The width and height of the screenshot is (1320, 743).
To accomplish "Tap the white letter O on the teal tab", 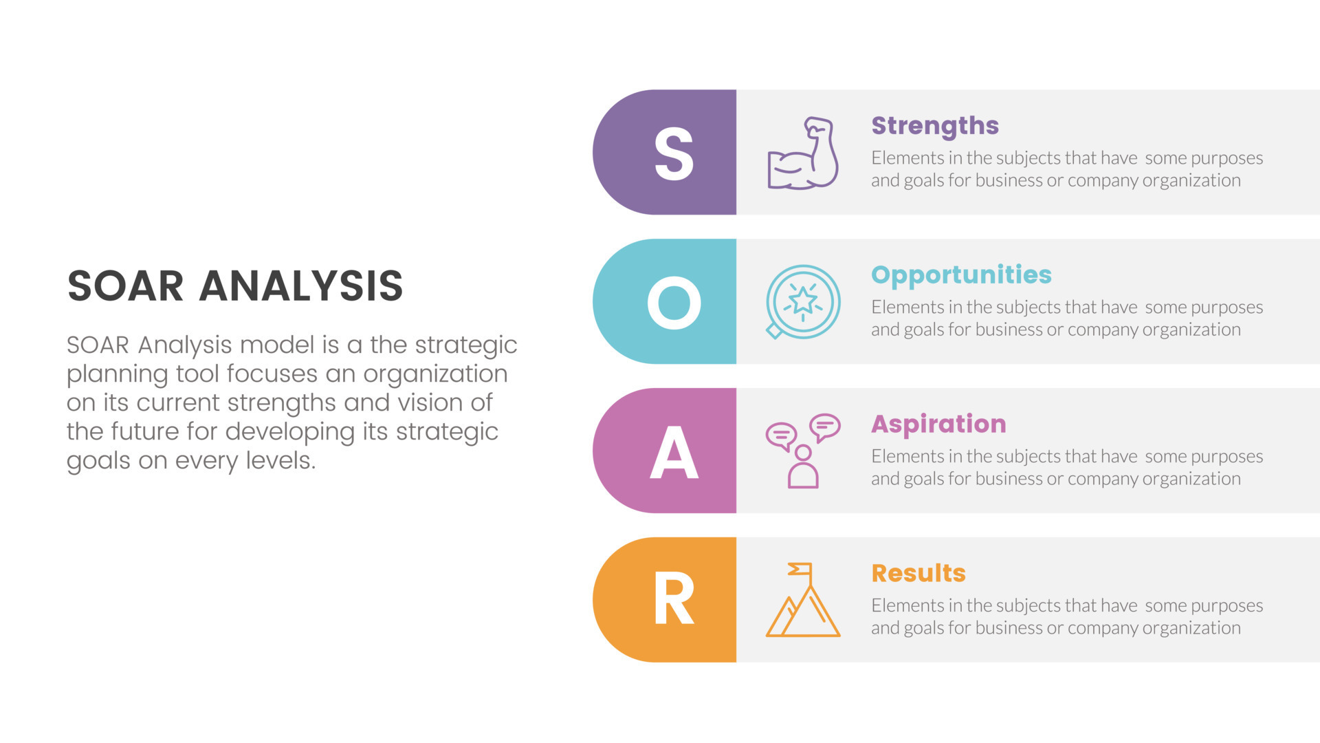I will tap(674, 303).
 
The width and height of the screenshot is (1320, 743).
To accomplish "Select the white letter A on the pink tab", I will tap(674, 452).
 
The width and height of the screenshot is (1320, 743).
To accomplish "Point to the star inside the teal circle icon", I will tap(802, 300).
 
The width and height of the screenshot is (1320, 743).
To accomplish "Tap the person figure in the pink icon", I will tap(802, 467).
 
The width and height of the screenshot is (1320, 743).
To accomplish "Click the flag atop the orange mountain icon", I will tap(801, 570).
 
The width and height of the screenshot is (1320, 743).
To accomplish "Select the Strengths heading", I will tap(934, 126).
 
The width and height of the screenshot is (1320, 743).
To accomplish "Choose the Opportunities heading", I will tap(961, 275).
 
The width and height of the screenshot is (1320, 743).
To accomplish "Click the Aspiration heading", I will tap(938, 424).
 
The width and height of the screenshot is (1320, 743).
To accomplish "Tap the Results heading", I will tap(918, 573).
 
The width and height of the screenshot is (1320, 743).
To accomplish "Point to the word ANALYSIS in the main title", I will tap(301, 286).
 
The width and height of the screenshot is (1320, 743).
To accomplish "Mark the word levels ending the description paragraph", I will tap(280, 460).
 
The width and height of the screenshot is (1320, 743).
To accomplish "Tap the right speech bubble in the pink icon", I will tap(824, 427).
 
